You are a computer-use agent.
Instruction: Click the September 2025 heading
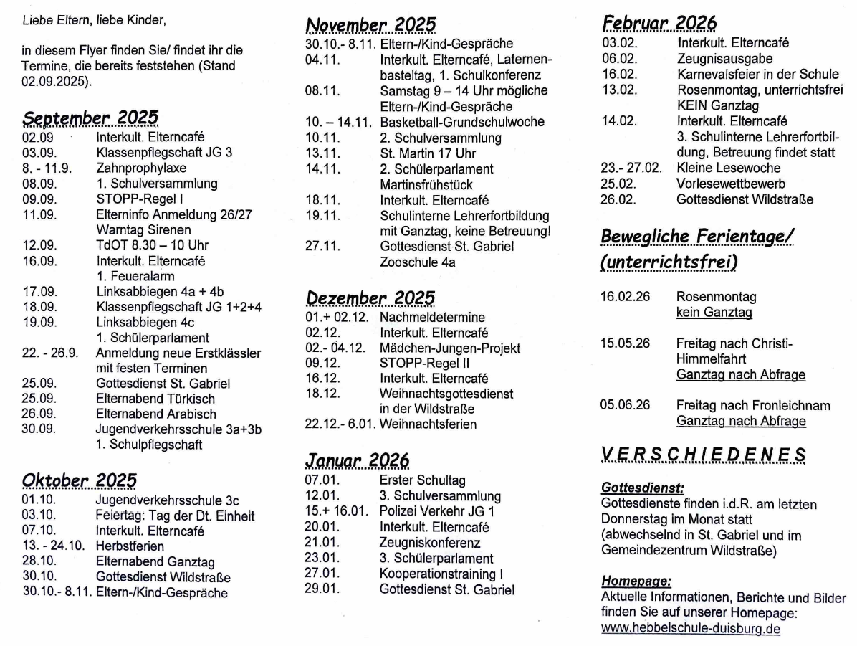click(90, 118)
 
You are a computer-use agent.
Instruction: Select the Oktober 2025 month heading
click(80, 480)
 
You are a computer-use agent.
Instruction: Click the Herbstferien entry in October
click(130, 546)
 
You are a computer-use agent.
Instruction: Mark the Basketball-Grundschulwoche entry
click(462, 122)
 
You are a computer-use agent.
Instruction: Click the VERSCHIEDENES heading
click(703, 455)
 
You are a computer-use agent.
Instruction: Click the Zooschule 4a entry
click(417, 262)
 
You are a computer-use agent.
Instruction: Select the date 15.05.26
click(625, 343)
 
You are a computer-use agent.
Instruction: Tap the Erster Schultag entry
click(422, 480)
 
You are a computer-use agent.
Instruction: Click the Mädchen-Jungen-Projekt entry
click(450, 348)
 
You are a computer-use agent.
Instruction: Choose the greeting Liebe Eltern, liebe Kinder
click(93, 20)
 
